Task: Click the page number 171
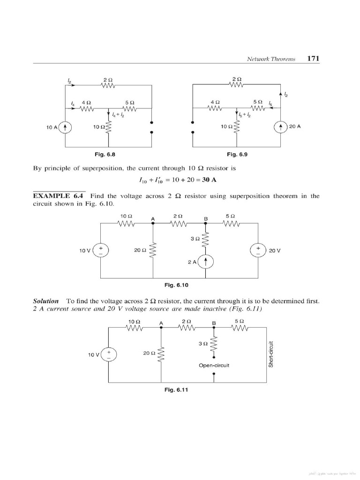pos(313,59)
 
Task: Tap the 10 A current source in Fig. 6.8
pos(66,127)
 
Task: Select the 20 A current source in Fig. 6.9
pos(281,127)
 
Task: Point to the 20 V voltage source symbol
pos(258,250)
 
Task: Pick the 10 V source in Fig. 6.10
pos(101,250)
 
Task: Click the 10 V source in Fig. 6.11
pos(109,354)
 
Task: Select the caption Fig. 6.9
pos(237,154)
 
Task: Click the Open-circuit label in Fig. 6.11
pos(214,365)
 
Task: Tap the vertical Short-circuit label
pos(270,354)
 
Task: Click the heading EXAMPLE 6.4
pos(60,196)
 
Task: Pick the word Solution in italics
pos(46,300)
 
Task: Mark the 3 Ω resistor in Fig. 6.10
pos(205,240)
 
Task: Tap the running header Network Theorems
pos(271,59)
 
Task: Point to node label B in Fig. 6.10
pos(205,218)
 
